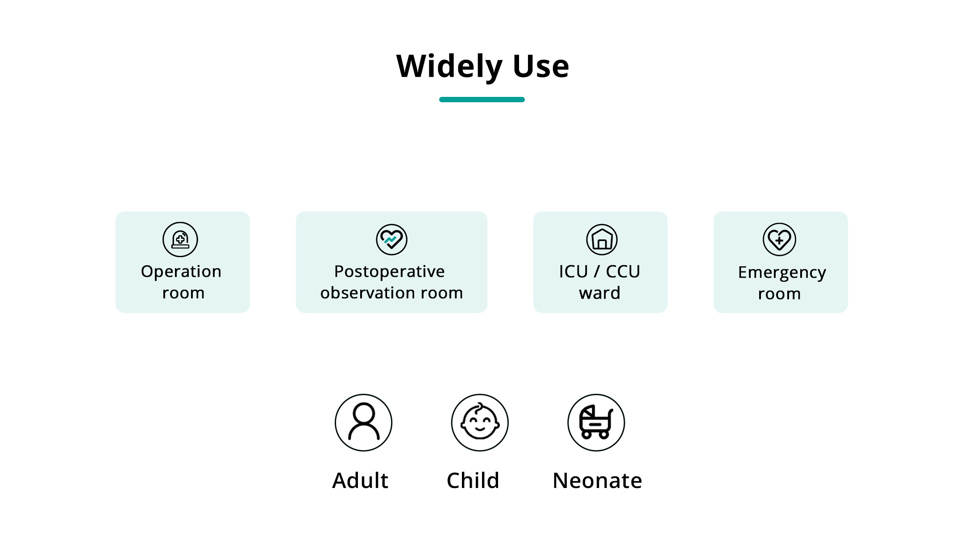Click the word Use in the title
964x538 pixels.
(541, 66)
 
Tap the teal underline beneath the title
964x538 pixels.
(482, 100)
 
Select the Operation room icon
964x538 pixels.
(180, 239)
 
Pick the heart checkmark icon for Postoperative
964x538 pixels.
(391, 239)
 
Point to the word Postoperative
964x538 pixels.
(390, 272)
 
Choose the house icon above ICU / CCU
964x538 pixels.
(602, 240)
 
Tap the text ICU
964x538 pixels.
(573, 271)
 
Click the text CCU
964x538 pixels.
(623, 271)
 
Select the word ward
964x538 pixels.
(600, 293)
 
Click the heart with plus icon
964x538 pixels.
(779, 239)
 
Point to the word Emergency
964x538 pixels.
(782, 273)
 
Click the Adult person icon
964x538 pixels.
(364, 422)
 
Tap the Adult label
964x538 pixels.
(360, 480)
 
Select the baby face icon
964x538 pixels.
(480, 422)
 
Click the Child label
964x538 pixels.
(473, 480)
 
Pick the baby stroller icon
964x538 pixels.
(596, 422)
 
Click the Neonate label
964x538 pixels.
(597, 481)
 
